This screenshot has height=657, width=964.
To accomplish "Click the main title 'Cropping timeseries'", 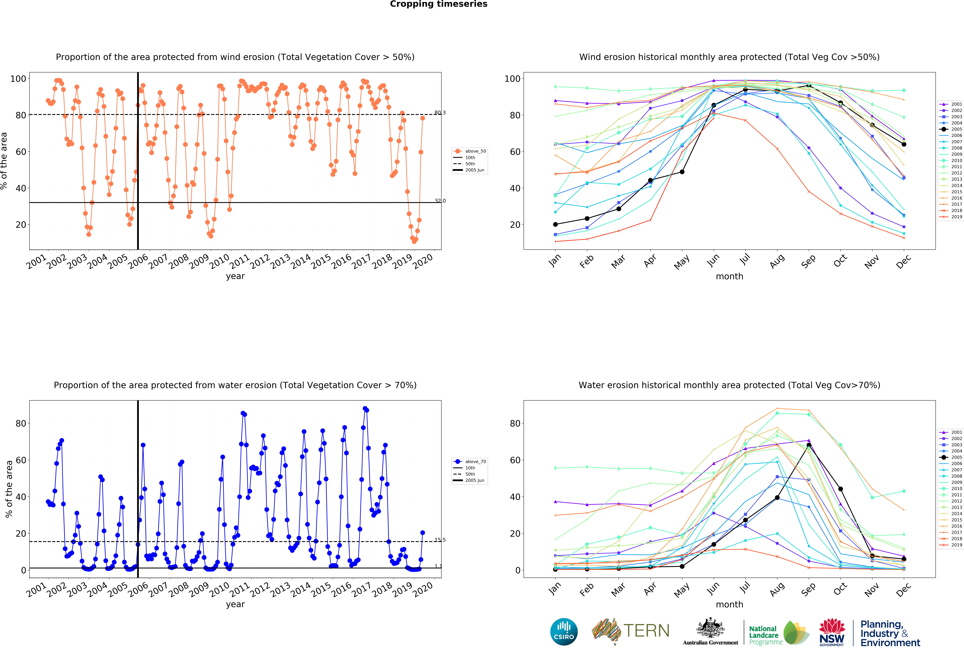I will pos(438,4).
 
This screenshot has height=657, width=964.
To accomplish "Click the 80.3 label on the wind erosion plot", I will pos(440,113).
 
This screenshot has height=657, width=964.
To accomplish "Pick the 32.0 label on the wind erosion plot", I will pos(440,201).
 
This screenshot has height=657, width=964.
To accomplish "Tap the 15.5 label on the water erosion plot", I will pos(440,540).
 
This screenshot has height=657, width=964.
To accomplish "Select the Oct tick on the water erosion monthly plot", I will pos(840,588).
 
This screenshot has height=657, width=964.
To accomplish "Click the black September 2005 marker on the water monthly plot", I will pos(809,445).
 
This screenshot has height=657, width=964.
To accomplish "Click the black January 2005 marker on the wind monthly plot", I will pos(555,224).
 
